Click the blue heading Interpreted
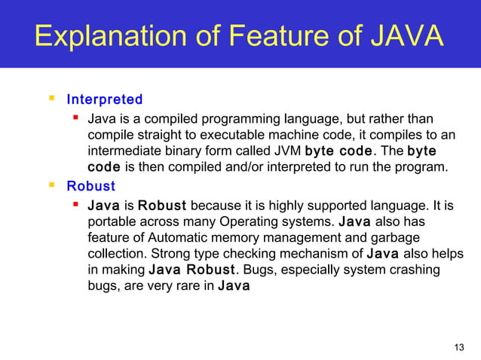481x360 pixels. pos(105,99)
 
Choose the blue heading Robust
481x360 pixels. pos(91,186)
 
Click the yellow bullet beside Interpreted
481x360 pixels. pos(52,99)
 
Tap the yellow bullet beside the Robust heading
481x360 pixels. pos(52,185)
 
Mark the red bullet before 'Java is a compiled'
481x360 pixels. pos(76,118)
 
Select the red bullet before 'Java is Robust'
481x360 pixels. pos(76,204)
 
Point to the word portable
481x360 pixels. pos(112,221)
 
